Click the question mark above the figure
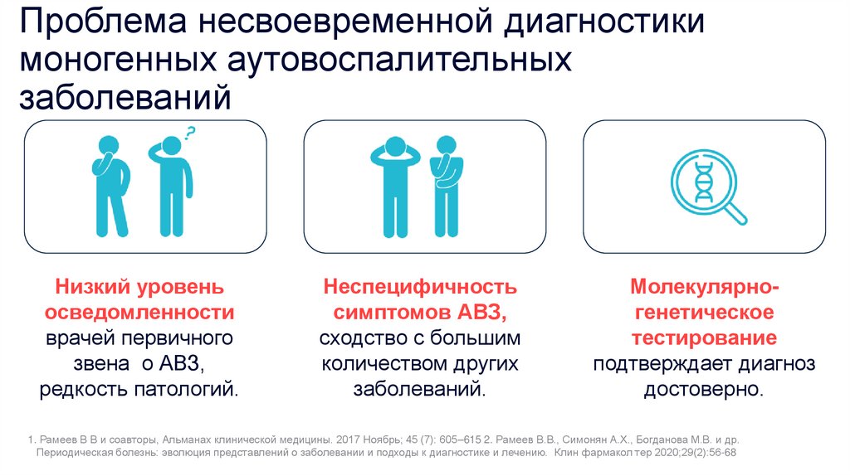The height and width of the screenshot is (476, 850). [190, 134]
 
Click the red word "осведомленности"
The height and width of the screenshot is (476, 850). [139, 312]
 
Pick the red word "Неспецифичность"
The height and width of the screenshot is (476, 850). [420, 287]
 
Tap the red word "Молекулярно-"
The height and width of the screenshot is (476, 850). [704, 287]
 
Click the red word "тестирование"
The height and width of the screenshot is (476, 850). [704, 338]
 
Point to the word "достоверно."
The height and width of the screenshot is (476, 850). [704, 389]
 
